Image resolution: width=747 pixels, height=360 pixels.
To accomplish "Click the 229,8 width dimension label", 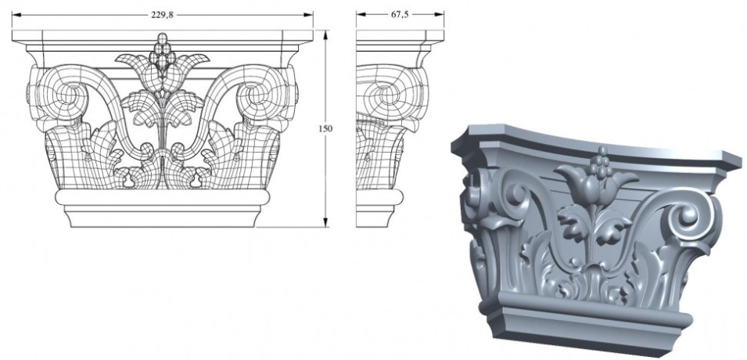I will click(162, 13).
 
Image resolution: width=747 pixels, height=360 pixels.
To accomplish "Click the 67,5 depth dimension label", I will click(399, 13).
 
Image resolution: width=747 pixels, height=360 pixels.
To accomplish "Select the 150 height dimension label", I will click(320, 128).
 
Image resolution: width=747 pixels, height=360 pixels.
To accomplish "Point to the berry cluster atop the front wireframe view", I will click(162, 53).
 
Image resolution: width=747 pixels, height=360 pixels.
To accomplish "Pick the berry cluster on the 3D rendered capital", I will click(602, 164).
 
